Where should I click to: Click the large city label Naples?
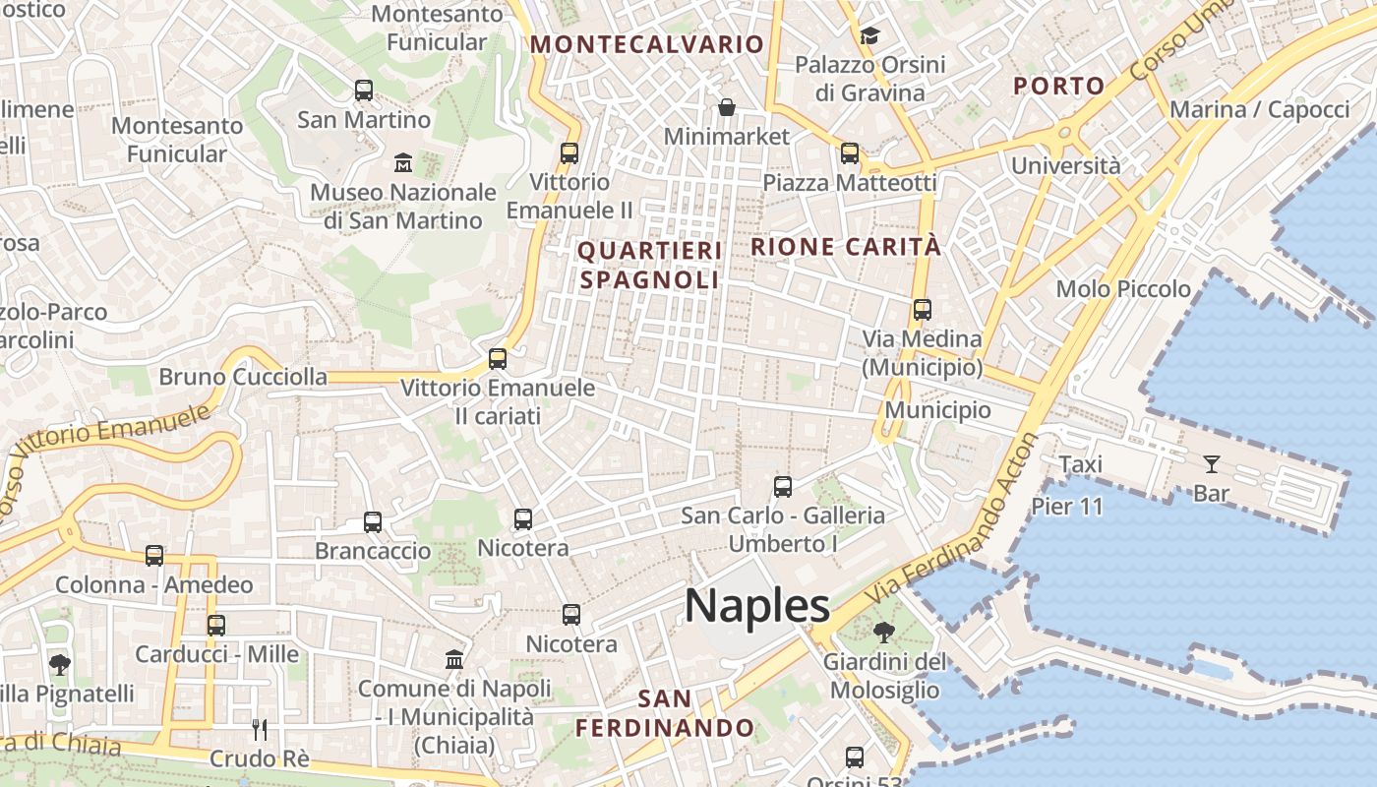pyautogui.click(x=757, y=605)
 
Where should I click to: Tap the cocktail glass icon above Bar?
pyautogui.click(x=1211, y=463)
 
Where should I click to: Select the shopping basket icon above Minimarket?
pyautogui.click(x=727, y=106)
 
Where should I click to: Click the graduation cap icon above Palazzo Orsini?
pyautogui.click(x=869, y=36)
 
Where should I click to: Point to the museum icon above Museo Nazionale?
pyautogui.click(x=403, y=162)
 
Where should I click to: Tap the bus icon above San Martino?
pyautogui.click(x=364, y=91)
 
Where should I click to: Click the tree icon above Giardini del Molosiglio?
pyautogui.click(x=883, y=632)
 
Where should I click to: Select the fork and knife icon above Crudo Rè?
pyautogui.click(x=260, y=729)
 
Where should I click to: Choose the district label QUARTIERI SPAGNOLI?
pyautogui.click(x=649, y=266)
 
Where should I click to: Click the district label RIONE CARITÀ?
pyautogui.click(x=846, y=247)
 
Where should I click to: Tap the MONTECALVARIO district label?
pyautogui.click(x=647, y=44)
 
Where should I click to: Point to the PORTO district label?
pyautogui.click(x=1059, y=86)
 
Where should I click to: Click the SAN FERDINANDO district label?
pyautogui.click(x=665, y=714)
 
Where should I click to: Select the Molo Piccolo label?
pyautogui.click(x=1123, y=289)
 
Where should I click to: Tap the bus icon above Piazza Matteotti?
pyautogui.click(x=850, y=153)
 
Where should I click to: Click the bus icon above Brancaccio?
pyautogui.click(x=373, y=522)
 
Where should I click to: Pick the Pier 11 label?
pyautogui.click(x=1067, y=507)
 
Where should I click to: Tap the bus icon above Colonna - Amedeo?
pyautogui.click(x=154, y=556)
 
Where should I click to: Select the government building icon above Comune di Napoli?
pyautogui.click(x=454, y=659)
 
